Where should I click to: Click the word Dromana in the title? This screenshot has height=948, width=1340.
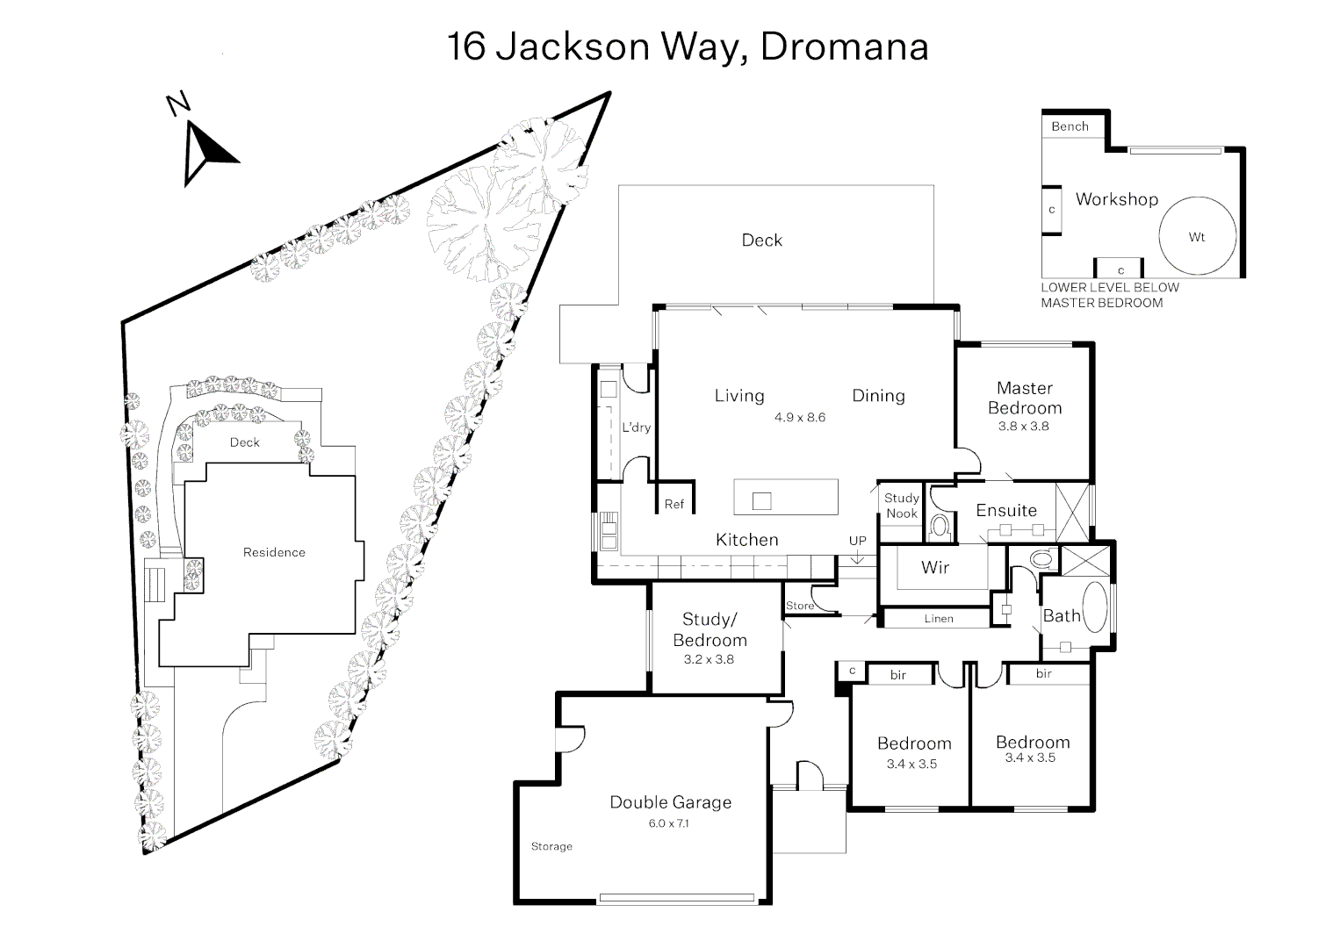[x=844, y=47]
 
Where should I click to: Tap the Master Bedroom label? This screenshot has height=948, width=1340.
[x=1024, y=398]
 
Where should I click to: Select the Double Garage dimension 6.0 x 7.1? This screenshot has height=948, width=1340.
[x=671, y=823]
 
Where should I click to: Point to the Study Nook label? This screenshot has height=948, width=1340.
[x=901, y=506]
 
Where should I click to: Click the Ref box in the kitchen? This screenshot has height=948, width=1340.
[x=674, y=504]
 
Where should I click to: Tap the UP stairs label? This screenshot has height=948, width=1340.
[x=857, y=541]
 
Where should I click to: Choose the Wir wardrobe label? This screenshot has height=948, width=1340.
[x=935, y=567]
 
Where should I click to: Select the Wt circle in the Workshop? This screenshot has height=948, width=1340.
[x=1197, y=237]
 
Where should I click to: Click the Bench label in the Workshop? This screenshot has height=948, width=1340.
[x=1070, y=126]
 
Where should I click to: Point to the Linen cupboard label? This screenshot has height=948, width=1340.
[x=938, y=619]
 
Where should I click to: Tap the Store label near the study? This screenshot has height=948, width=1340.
[x=799, y=606]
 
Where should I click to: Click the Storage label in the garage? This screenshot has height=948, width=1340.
[x=551, y=846]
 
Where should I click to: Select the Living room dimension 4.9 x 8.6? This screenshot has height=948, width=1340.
[x=799, y=418]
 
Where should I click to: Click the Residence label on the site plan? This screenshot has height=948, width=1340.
[x=274, y=552]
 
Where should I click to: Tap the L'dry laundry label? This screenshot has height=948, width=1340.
[x=636, y=428]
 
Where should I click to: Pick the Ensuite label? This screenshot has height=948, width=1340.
[x=1006, y=510]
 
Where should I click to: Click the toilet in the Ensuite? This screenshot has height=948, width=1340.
[x=940, y=528]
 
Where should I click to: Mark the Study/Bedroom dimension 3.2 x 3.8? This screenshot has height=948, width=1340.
[x=708, y=659]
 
